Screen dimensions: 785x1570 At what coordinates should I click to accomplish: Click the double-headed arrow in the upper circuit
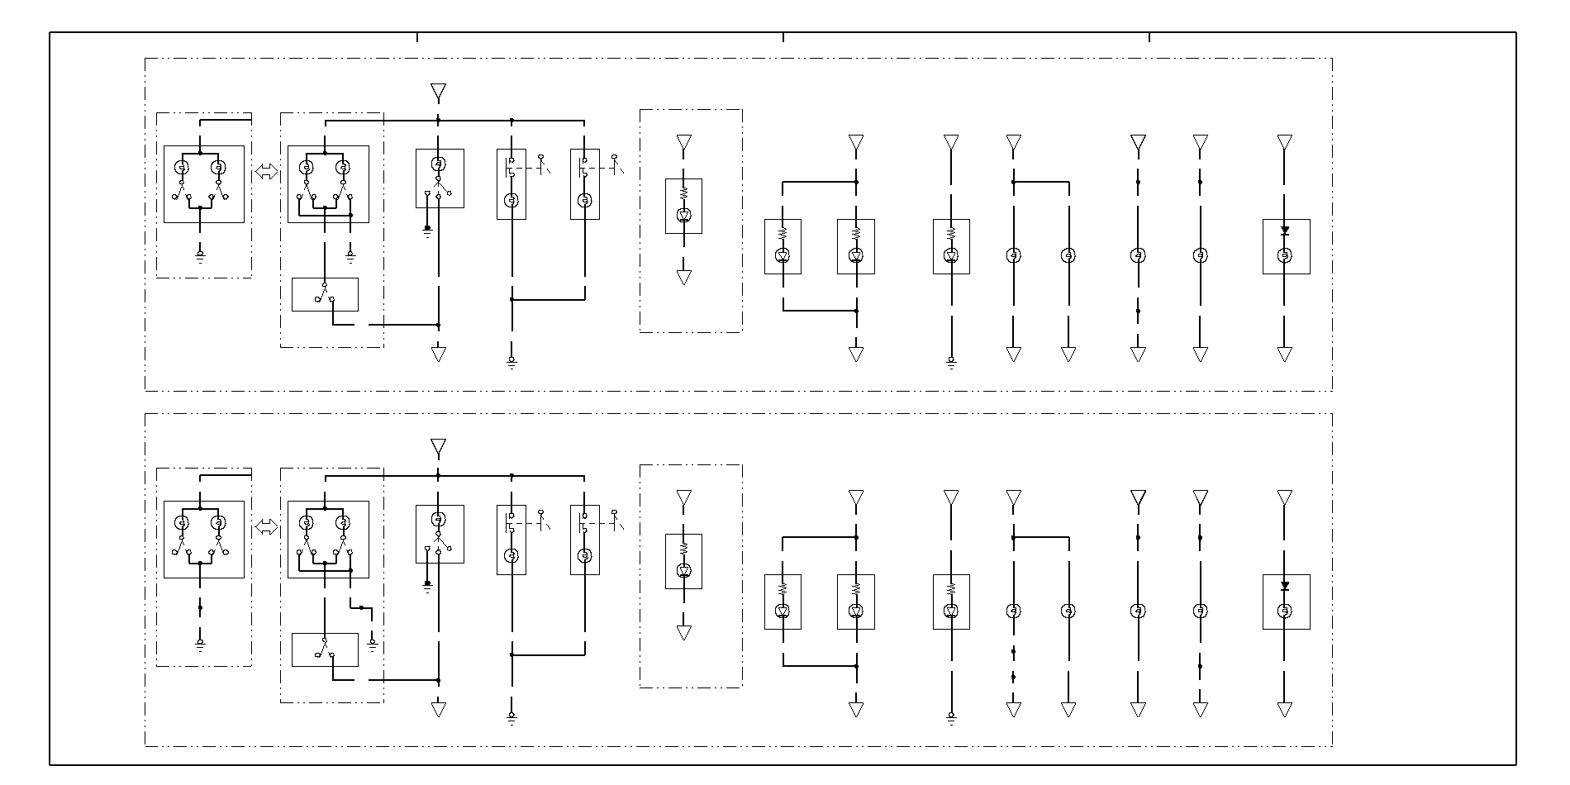(266, 172)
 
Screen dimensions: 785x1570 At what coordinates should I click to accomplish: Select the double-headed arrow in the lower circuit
(266, 527)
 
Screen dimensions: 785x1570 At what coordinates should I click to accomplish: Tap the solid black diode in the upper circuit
(1284, 231)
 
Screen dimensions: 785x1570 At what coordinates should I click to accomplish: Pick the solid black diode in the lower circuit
(1284, 586)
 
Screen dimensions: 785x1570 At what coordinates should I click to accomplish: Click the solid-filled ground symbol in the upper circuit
(427, 229)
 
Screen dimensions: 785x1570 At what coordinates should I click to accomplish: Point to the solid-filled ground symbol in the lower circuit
(427, 585)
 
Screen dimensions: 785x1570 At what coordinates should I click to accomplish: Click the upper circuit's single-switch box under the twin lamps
(325, 294)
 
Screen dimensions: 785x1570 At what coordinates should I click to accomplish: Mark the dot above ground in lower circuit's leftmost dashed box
(200, 607)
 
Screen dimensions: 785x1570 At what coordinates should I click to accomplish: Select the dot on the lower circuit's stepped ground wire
(361, 607)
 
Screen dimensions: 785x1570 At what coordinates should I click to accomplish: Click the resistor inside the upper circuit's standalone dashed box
(683, 193)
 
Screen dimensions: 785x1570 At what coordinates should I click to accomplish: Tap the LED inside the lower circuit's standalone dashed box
(683, 570)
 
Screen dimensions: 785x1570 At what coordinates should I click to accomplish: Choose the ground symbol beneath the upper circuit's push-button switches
(511, 361)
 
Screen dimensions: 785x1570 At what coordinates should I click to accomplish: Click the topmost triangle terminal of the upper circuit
(438, 91)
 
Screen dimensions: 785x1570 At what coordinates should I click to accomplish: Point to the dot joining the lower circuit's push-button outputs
(511, 655)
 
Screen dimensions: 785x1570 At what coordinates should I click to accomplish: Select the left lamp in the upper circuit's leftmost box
(182, 168)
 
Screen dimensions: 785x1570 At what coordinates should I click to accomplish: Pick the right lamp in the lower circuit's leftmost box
(218, 523)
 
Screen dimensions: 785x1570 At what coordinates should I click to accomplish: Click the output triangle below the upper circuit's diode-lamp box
(1284, 354)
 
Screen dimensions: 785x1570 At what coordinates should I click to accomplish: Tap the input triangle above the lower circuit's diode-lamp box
(1284, 497)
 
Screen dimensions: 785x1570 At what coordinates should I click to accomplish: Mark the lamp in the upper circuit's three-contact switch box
(439, 164)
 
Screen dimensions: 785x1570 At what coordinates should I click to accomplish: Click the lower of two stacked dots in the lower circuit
(1013, 678)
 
